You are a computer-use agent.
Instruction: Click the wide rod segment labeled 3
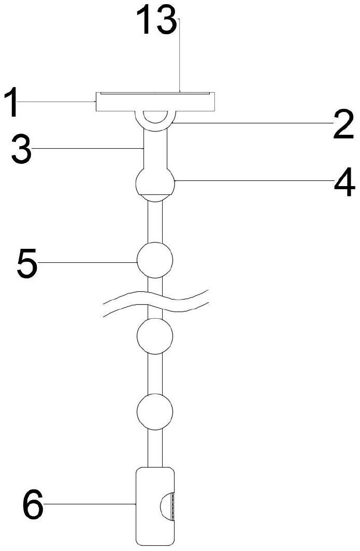(x=155, y=150)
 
